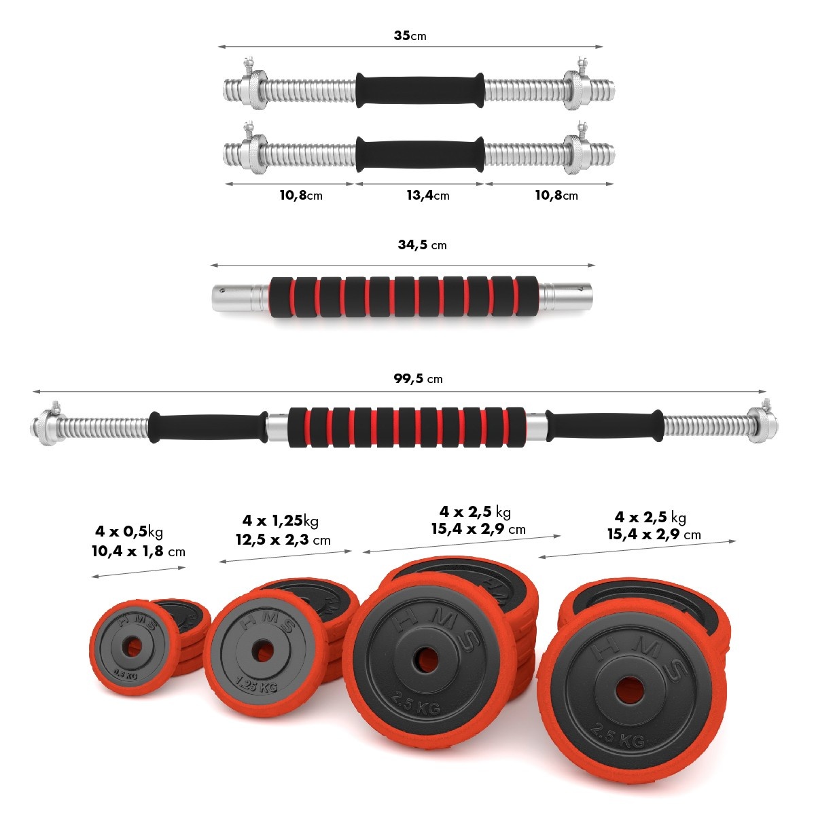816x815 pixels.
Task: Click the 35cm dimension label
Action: tap(410, 35)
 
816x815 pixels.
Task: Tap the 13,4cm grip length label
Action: tap(427, 195)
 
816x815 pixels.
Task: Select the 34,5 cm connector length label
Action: tap(422, 244)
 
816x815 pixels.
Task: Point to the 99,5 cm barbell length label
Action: tap(418, 378)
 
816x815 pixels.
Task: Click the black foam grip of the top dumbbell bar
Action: tap(420, 90)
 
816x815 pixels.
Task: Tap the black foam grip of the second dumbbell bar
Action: tap(420, 155)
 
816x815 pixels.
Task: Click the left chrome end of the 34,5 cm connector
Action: tap(240, 297)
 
